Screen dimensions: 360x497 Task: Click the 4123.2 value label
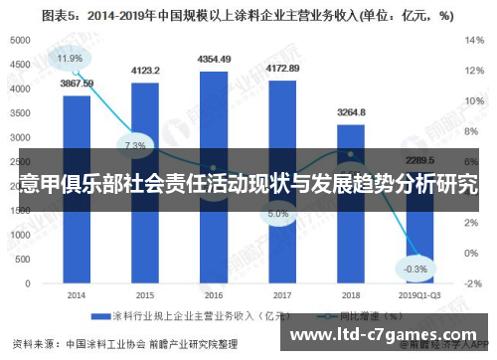(x=145, y=71)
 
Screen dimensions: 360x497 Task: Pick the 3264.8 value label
(x=350, y=112)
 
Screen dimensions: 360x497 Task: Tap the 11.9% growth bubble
(x=70, y=59)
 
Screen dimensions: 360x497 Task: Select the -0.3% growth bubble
(x=416, y=270)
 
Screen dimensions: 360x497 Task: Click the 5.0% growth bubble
(x=278, y=213)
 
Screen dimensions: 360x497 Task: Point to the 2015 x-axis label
(x=145, y=294)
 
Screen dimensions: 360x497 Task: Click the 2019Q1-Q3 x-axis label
(x=417, y=294)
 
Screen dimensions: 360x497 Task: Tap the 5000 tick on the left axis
(x=19, y=40)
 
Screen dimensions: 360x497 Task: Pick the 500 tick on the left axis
(x=22, y=259)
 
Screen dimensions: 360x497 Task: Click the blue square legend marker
(x=99, y=316)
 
